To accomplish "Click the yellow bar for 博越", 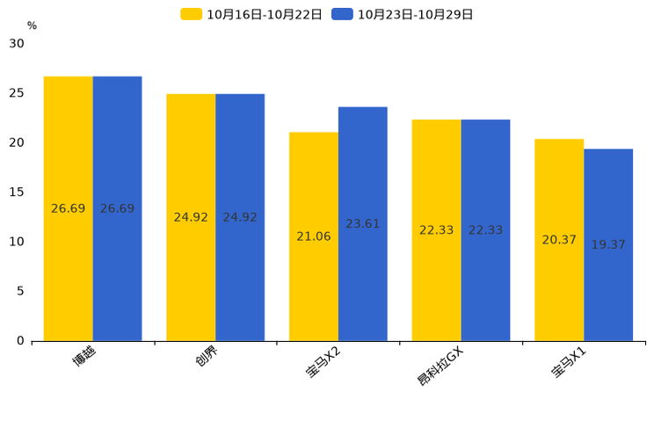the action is (x=69, y=208).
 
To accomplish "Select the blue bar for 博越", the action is (x=117, y=208).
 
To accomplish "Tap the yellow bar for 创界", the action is (x=191, y=217).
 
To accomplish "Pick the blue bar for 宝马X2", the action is (x=363, y=224).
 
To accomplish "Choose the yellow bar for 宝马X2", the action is (x=314, y=236).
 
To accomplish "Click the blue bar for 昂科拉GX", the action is (x=485, y=230).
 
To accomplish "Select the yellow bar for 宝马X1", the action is (x=559, y=240).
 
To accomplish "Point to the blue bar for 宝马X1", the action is (x=608, y=245).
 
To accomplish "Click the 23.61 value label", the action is (x=363, y=224).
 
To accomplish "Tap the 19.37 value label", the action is (x=608, y=244).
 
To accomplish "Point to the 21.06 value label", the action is (x=314, y=236).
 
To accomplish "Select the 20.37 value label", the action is (x=559, y=240).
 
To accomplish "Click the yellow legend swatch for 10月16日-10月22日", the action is (x=191, y=14).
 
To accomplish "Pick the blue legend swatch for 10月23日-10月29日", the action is (x=342, y=14).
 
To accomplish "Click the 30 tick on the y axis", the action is (x=17, y=43).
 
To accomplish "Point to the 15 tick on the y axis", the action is (x=17, y=193).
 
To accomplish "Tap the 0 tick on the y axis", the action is (x=20, y=341).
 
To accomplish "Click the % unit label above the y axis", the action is (x=33, y=25).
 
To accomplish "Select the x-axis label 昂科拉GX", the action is (x=440, y=367).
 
